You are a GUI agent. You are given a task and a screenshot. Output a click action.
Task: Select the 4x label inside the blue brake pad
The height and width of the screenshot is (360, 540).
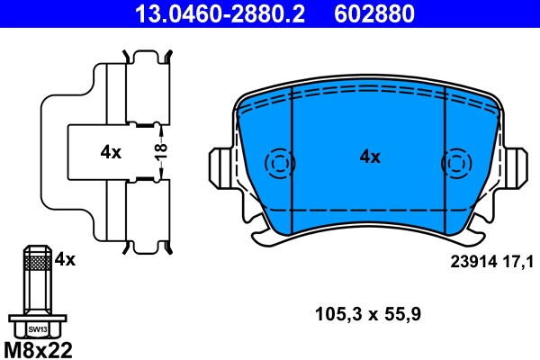[x=370, y=157]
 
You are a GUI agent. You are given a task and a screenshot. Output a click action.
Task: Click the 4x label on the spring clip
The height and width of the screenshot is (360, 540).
[x=111, y=152]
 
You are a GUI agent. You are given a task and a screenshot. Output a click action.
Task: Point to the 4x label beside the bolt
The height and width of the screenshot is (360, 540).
[x=65, y=259]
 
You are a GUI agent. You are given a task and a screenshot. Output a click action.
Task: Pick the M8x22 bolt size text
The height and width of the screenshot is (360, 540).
[x=38, y=349]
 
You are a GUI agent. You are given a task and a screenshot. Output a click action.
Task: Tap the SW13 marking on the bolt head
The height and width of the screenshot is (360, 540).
[x=36, y=329]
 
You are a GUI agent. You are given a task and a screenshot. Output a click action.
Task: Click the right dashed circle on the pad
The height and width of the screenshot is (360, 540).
[x=456, y=163]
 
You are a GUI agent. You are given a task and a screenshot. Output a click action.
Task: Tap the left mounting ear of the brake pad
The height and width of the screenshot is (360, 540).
[x=220, y=166]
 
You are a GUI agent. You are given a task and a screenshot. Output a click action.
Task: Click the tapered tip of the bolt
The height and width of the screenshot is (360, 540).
[x=36, y=247]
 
